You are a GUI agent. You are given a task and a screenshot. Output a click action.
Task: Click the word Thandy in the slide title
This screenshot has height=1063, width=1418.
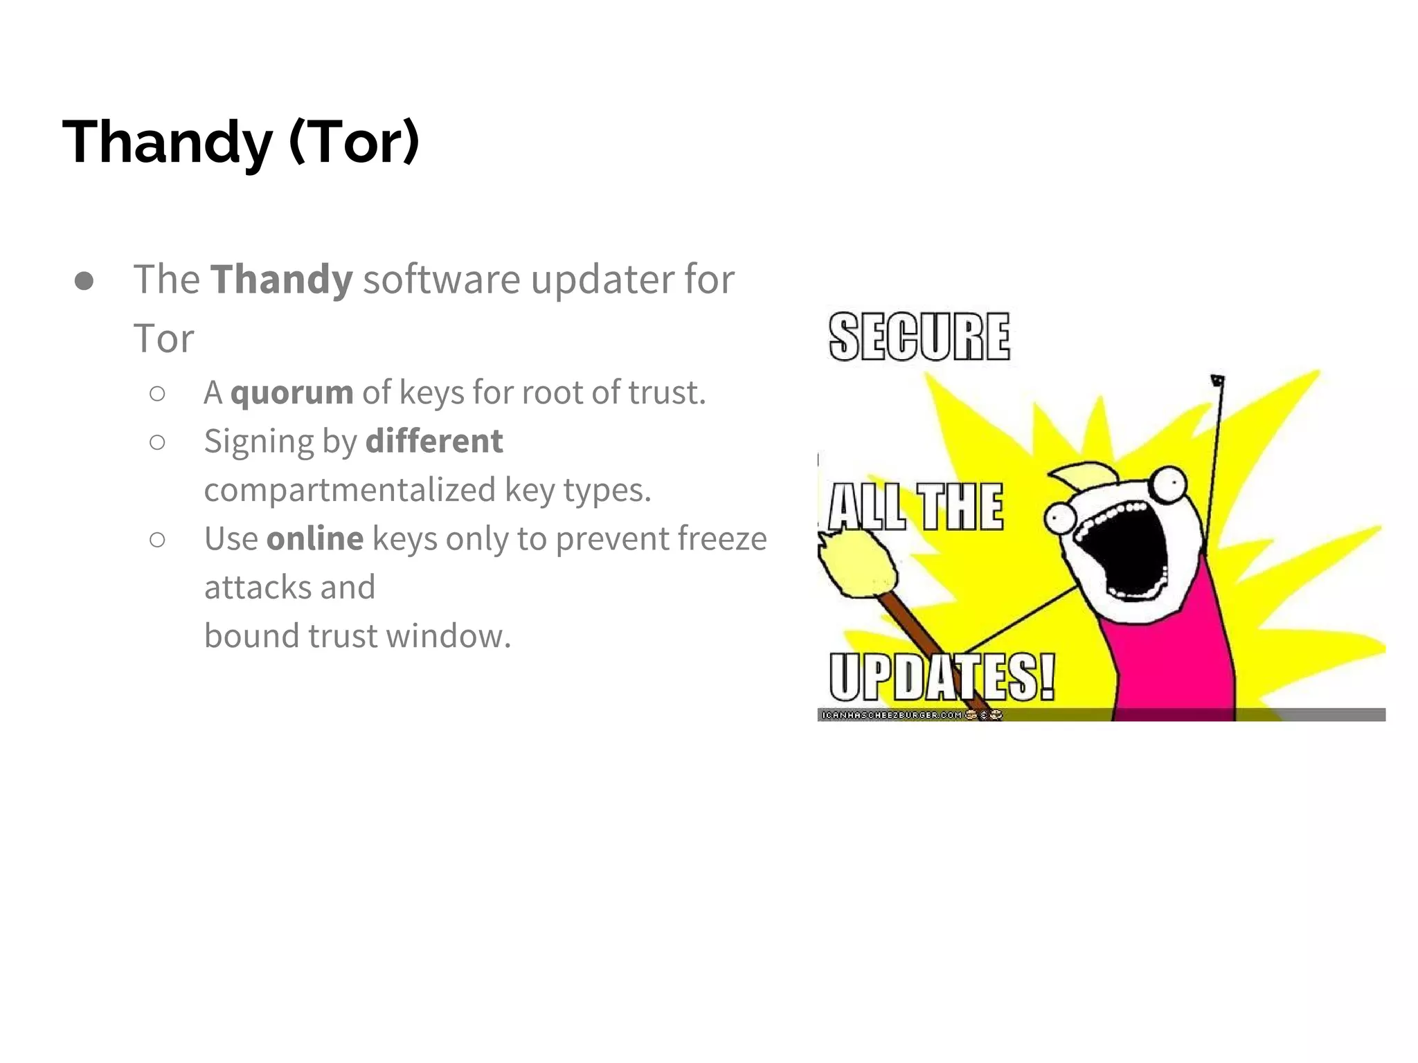167,142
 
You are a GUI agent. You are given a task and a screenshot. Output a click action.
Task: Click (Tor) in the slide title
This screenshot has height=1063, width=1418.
354,142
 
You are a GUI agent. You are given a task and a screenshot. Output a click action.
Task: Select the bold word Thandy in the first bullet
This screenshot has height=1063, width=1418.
281,280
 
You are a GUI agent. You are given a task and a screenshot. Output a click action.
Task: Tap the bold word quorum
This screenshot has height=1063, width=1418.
291,393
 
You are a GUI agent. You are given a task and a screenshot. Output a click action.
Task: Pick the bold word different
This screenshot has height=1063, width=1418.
434,442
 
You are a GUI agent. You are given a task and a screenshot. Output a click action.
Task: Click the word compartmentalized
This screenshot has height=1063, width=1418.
350,490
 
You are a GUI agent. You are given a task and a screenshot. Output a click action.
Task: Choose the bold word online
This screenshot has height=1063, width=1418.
314,538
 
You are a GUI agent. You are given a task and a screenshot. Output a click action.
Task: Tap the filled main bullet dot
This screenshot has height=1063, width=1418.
84,281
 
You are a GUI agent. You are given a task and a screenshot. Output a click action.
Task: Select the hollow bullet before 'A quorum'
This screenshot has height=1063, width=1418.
157,394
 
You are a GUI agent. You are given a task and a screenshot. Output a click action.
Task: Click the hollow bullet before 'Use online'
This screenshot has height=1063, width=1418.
157,540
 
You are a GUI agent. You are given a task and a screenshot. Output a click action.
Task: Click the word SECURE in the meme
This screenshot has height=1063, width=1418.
919,337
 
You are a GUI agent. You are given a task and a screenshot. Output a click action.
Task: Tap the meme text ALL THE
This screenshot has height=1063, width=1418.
915,507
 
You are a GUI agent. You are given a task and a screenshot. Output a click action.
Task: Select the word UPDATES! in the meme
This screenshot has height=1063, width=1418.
941,676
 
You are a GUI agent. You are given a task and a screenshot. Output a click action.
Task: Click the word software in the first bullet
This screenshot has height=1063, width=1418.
441,280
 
